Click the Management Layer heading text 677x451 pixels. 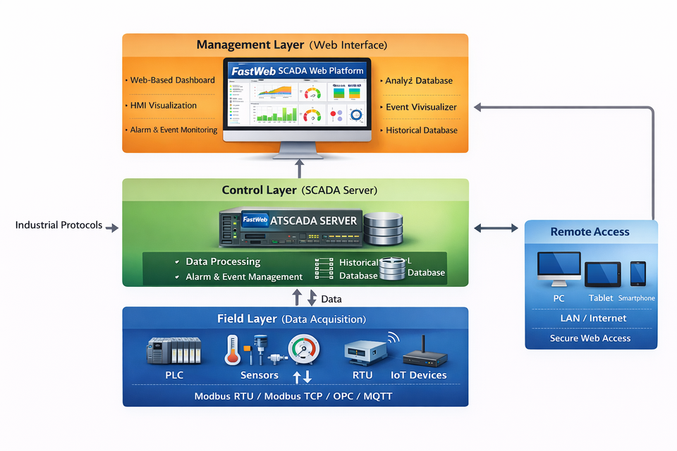[x=250, y=45]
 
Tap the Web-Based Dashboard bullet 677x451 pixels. [x=172, y=80]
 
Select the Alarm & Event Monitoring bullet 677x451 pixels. [x=173, y=130]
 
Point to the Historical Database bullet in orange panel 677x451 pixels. [x=421, y=130]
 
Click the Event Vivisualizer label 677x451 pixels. [x=421, y=107]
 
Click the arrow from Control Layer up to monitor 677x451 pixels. [x=299, y=168]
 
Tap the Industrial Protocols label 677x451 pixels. [x=59, y=225]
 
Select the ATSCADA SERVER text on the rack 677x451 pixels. [x=319, y=221]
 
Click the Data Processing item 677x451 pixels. [x=223, y=262]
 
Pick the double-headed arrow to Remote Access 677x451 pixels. [x=496, y=228]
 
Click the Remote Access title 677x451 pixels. [x=590, y=232]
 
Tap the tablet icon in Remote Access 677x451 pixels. [x=602, y=274]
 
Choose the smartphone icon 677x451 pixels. [x=638, y=273]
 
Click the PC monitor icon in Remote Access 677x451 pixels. [x=559, y=269]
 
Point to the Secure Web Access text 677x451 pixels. [x=590, y=338]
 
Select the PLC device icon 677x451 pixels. [x=174, y=350]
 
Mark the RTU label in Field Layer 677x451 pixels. [x=362, y=376]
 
